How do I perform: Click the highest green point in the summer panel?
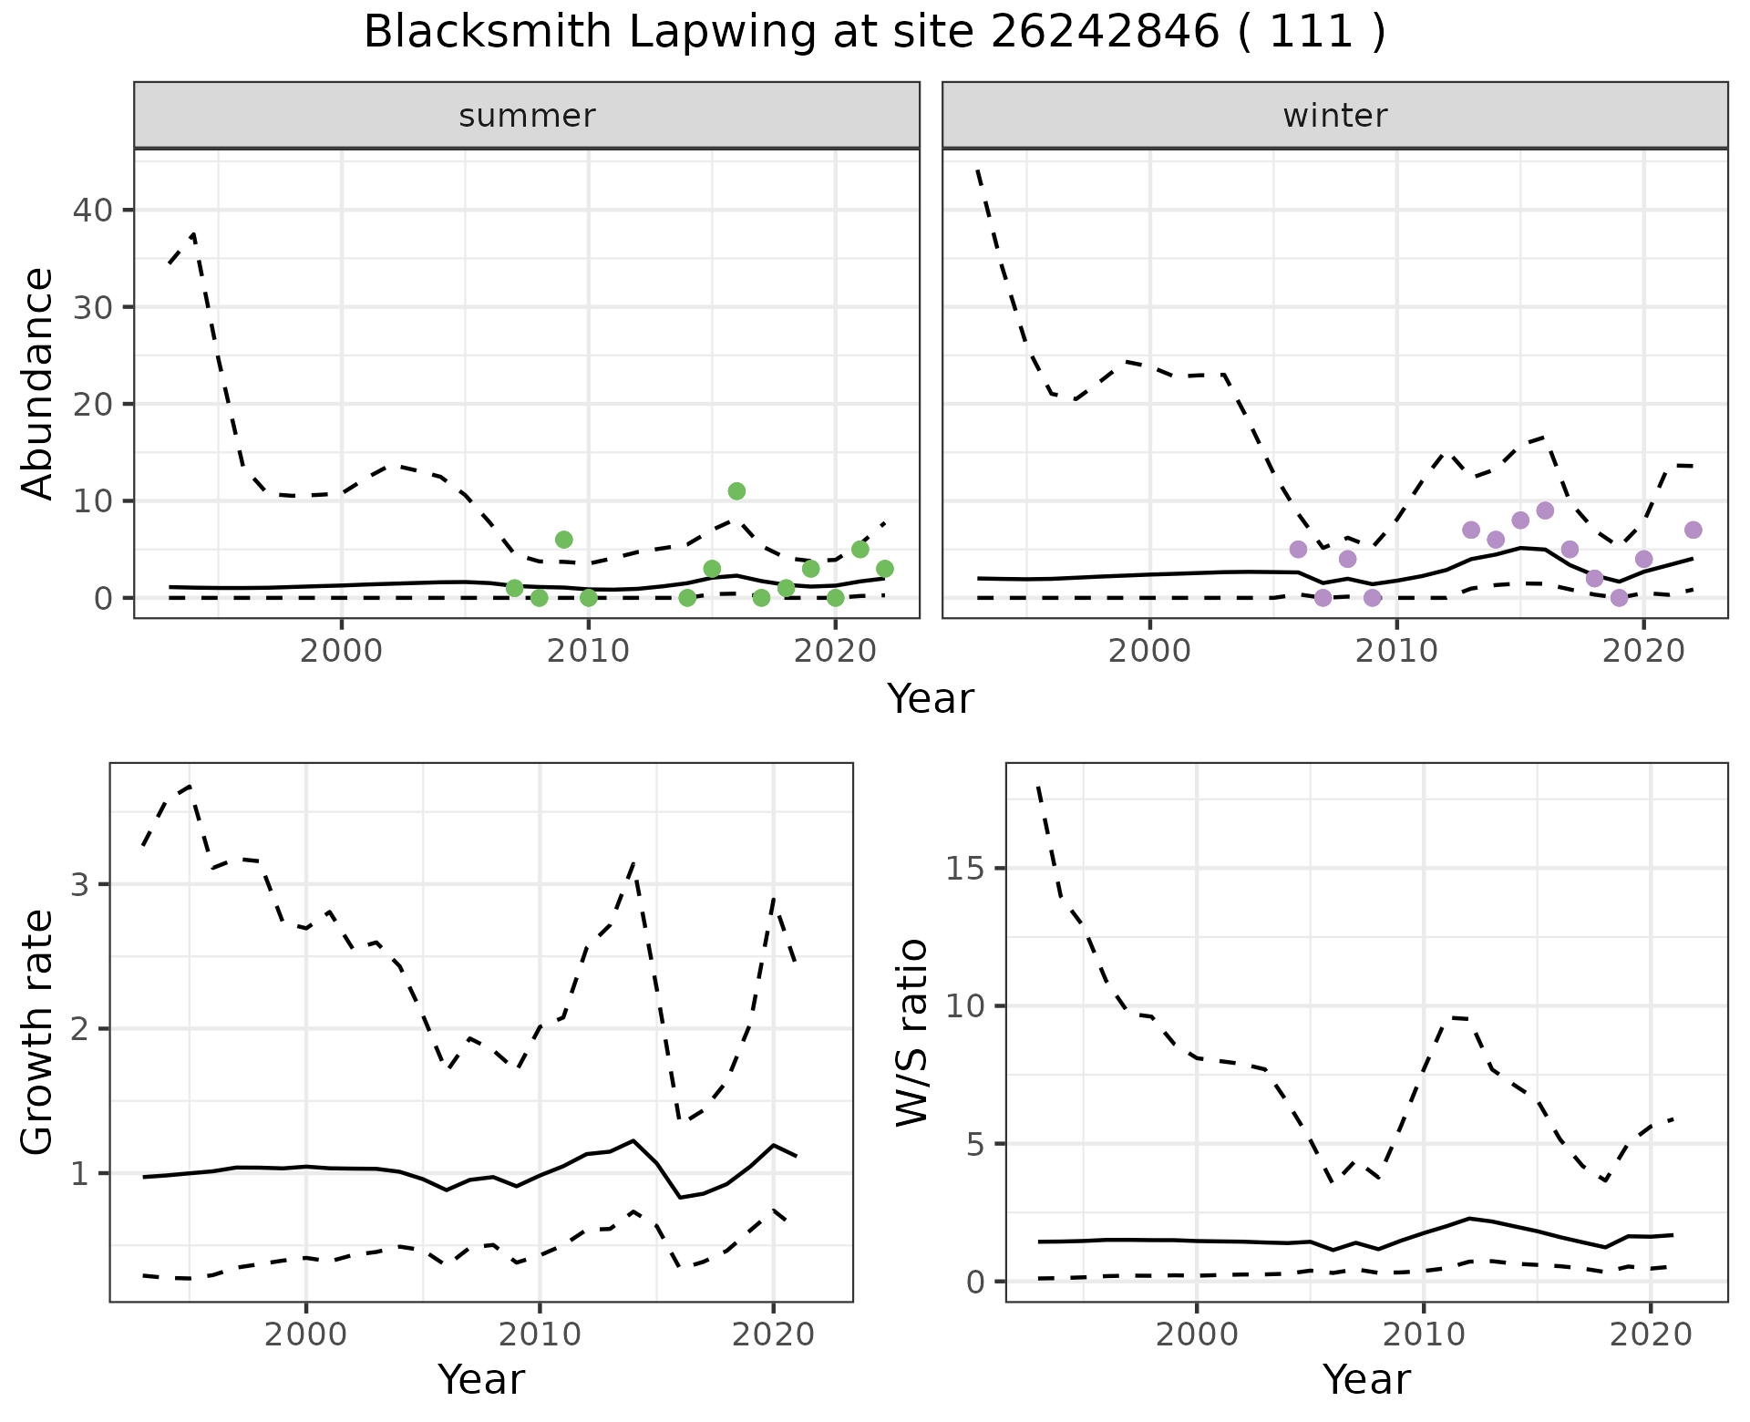click(x=736, y=491)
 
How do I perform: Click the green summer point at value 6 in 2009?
click(x=563, y=540)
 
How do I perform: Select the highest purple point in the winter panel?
click(x=1545, y=510)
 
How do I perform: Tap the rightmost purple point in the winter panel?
click(x=1693, y=531)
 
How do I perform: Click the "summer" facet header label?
click(x=527, y=116)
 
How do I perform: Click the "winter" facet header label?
click(x=1334, y=116)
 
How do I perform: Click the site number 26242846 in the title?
click(x=1104, y=34)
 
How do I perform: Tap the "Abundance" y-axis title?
click(x=38, y=383)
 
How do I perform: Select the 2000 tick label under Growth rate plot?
click(x=306, y=1335)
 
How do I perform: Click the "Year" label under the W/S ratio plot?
click(x=1366, y=1380)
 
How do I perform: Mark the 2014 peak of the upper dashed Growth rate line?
click(x=633, y=861)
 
